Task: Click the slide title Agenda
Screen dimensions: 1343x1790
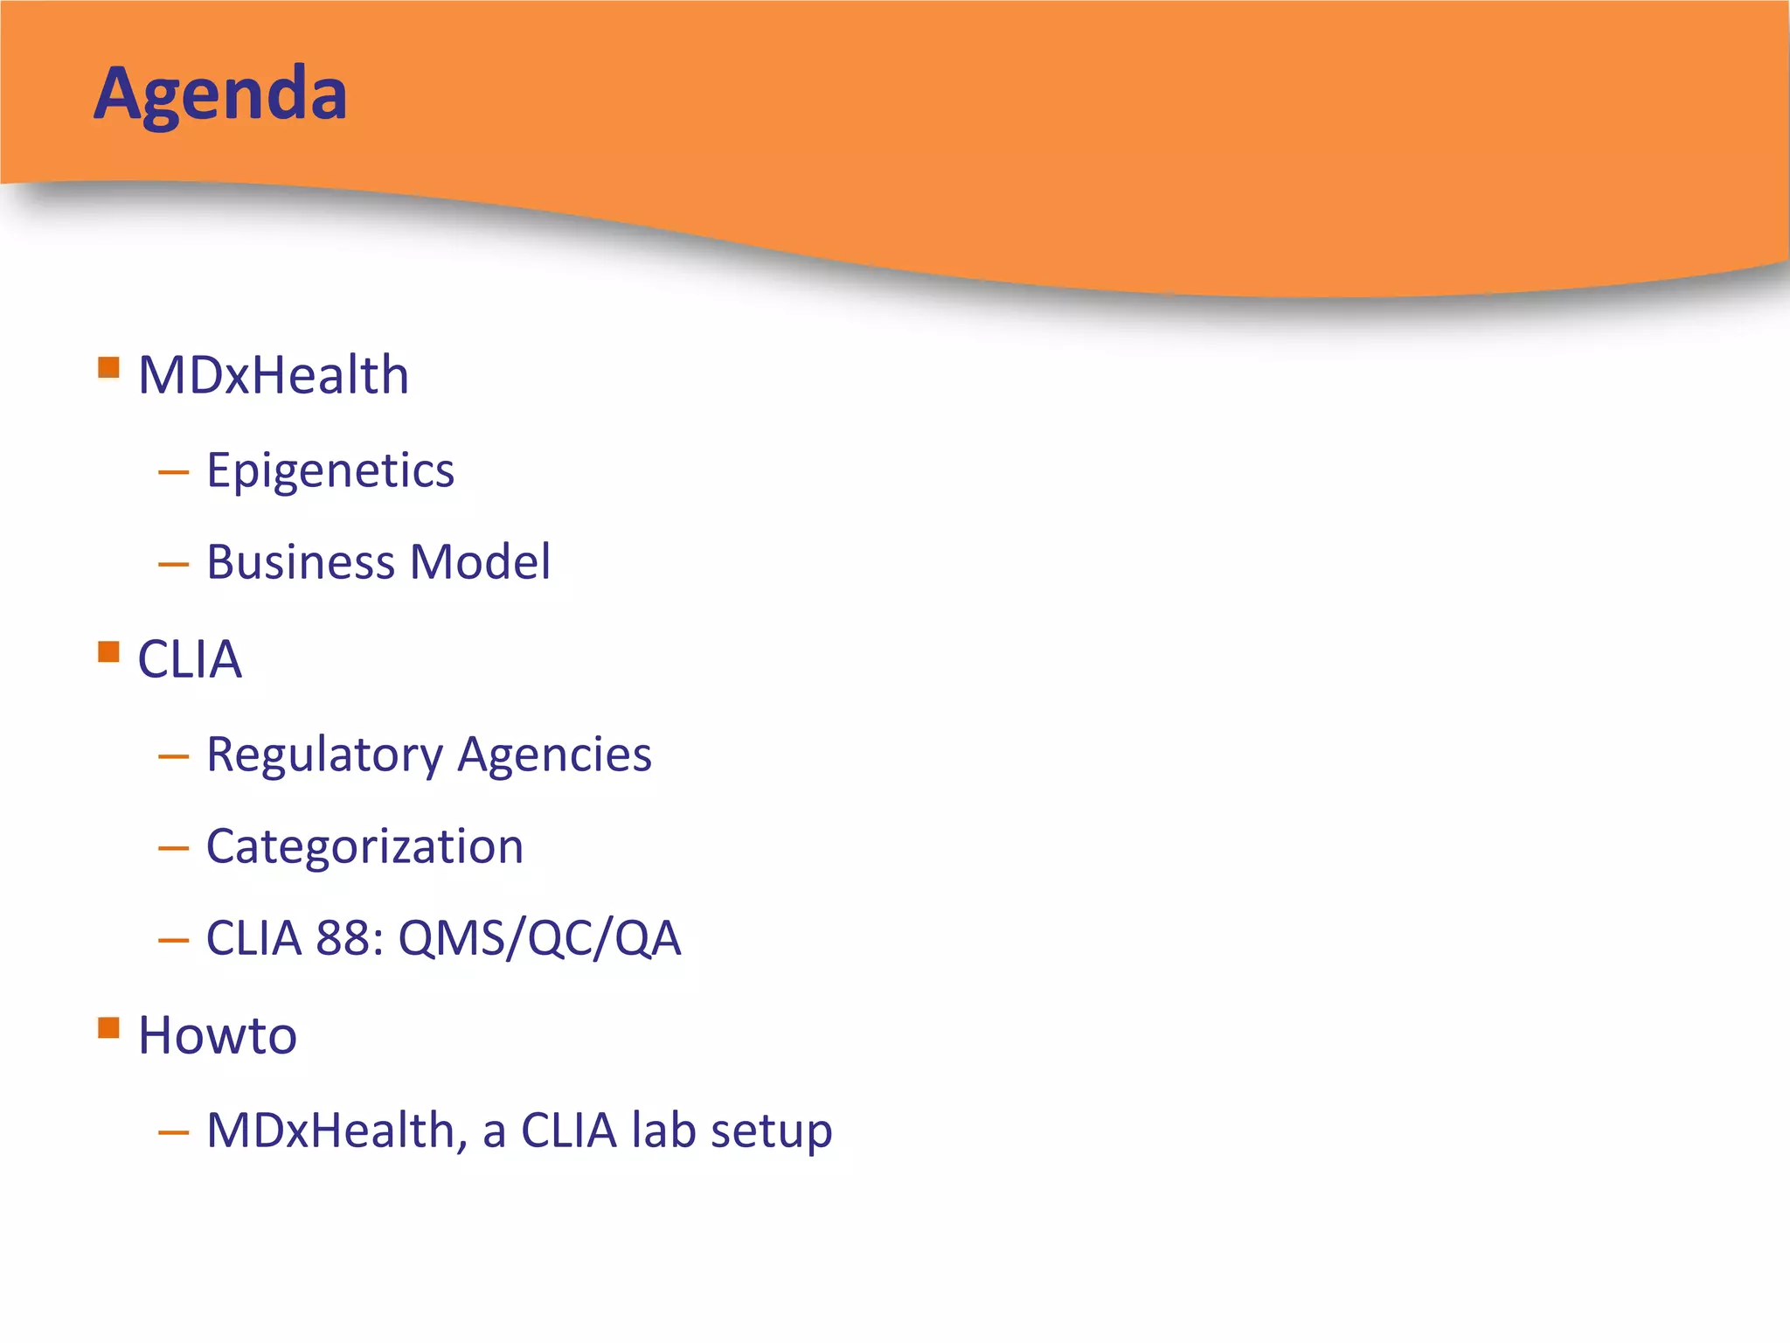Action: point(220,94)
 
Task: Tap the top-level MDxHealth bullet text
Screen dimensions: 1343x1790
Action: point(273,375)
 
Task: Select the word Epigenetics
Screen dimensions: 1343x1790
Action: point(330,471)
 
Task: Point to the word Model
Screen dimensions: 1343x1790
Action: point(480,562)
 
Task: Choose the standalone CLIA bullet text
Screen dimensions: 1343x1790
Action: point(189,659)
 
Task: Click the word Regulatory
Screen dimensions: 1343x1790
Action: point(324,755)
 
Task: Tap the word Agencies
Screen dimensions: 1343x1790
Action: point(554,755)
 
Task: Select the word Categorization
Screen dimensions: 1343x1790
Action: point(364,847)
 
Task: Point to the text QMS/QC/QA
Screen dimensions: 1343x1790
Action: point(539,939)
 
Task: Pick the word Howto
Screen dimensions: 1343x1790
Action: point(217,1036)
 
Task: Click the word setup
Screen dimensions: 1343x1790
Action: point(771,1131)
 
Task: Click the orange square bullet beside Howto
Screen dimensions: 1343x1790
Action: point(108,1027)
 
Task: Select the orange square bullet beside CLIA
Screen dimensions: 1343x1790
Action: point(108,651)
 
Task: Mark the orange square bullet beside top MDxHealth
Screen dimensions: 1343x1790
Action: point(108,367)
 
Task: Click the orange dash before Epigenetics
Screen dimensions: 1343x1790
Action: point(173,473)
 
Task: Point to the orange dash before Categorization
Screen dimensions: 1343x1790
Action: point(173,848)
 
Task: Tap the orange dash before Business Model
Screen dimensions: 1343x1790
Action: point(173,564)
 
